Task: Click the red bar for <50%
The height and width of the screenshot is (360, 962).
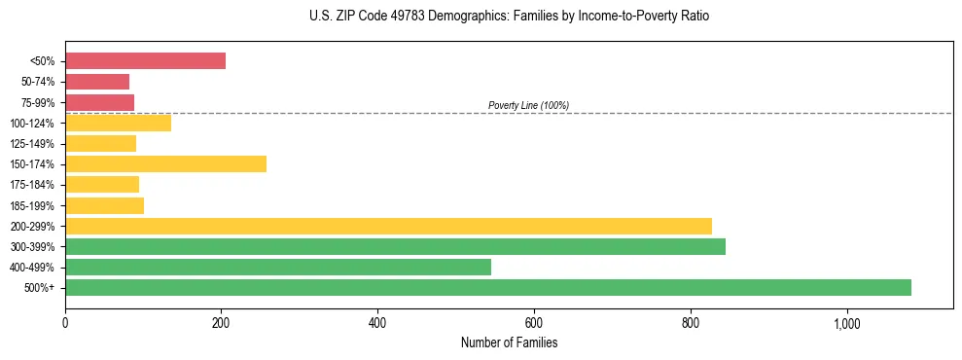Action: pyautogui.click(x=145, y=61)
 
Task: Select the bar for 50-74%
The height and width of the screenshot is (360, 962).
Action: pyautogui.click(x=97, y=82)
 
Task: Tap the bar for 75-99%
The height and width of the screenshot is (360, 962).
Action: pyautogui.click(x=99, y=102)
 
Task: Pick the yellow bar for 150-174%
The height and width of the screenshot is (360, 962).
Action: pyautogui.click(x=165, y=163)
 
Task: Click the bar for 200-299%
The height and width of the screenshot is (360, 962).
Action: pyautogui.click(x=388, y=226)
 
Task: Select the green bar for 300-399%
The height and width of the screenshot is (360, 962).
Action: pyautogui.click(x=395, y=246)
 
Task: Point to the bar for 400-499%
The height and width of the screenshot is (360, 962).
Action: pyautogui.click(x=278, y=267)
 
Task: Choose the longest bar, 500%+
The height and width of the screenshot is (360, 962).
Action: pyautogui.click(x=488, y=287)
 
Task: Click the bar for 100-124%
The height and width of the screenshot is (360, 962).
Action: pyautogui.click(x=118, y=123)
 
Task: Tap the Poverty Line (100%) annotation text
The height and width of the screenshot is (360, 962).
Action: pyautogui.click(x=528, y=105)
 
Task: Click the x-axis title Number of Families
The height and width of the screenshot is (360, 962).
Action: pyautogui.click(x=509, y=342)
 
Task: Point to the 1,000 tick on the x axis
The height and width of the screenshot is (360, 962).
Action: pyautogui.click(x=846, y=322)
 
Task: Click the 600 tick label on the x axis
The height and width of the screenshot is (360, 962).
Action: pyautogui.click(x=534, y=322)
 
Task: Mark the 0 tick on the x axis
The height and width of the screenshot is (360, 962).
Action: pyautogui.click(x=65, y=322)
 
